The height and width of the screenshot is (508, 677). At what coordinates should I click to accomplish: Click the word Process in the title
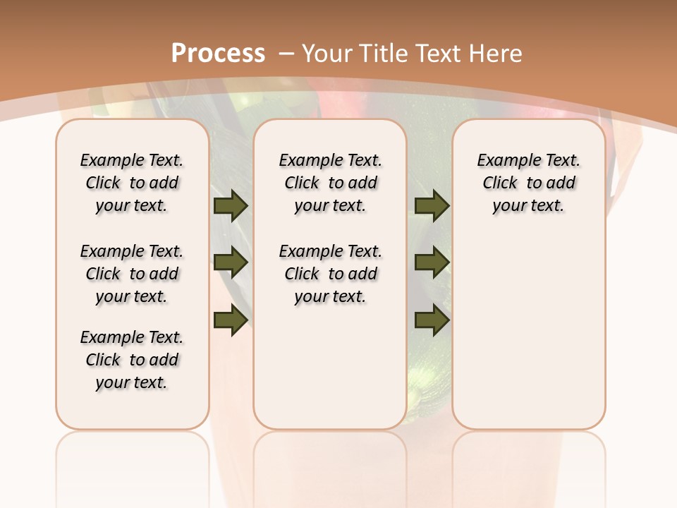point(218,53)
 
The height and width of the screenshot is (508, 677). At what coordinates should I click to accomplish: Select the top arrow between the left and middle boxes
point(231,205)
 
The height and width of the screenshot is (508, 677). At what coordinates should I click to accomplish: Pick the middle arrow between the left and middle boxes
point(231,262)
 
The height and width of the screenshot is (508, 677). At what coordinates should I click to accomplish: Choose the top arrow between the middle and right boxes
point(432,205)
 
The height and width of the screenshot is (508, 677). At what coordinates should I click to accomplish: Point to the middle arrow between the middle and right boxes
point(432,262)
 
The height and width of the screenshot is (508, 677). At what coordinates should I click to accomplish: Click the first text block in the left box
point(132,183)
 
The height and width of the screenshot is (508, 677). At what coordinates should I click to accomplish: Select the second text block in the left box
point(132,274)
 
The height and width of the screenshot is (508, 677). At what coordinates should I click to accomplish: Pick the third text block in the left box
point(132,360)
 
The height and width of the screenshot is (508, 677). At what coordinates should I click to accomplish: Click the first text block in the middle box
point(331,183)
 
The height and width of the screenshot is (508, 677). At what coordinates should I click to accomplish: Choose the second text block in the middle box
point(331,274)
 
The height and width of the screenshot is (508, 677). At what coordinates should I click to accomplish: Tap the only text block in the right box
point(529,183)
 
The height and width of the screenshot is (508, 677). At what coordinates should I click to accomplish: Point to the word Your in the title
point(328,53)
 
